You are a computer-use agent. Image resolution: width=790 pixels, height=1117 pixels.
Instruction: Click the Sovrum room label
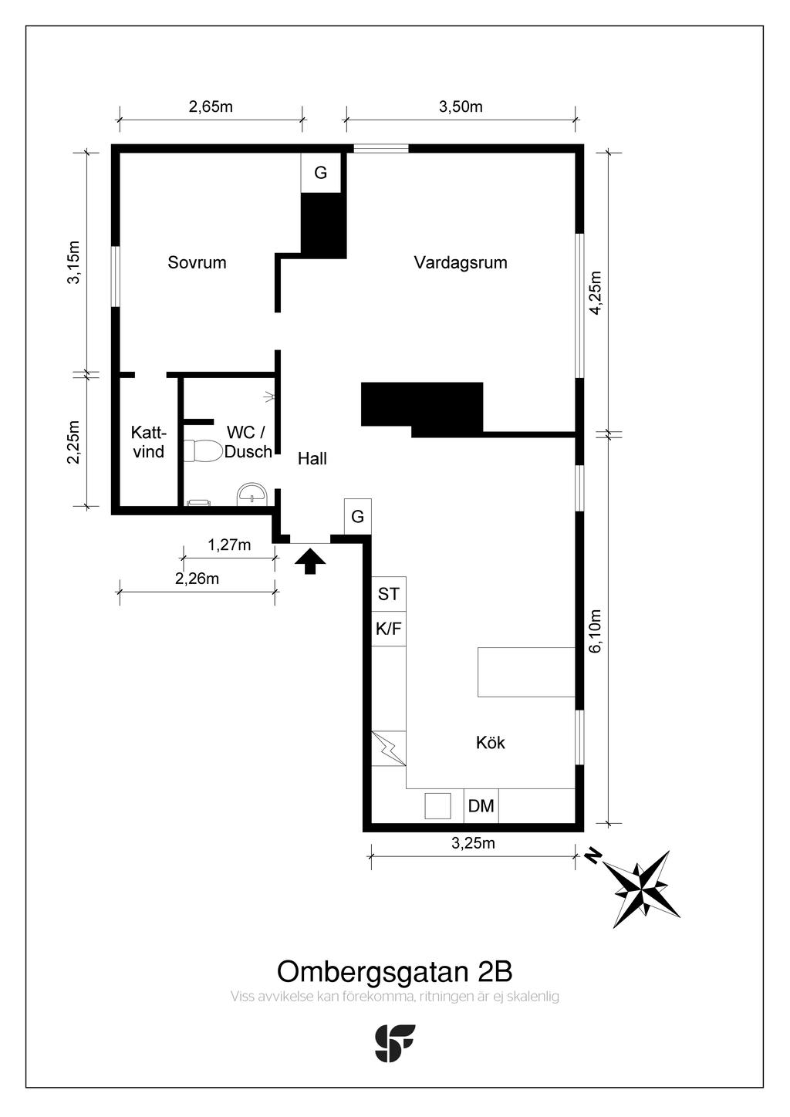coord(197,262)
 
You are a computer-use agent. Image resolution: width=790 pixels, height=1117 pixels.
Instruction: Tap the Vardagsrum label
coord(461,262)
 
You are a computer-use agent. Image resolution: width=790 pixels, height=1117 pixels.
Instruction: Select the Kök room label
coord(490,743)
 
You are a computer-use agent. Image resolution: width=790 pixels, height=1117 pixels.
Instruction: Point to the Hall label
coord(312,458)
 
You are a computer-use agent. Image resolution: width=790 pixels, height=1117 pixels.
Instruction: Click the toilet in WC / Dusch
coord(202,451)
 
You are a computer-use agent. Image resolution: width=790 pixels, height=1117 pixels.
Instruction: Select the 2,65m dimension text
coord(211,106)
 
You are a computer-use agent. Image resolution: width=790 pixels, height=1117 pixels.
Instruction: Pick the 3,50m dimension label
coord(461,106)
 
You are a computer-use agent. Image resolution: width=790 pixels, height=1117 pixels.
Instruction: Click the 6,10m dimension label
coord(596,630)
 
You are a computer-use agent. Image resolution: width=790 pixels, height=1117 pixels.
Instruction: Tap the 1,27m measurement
coord(229,545)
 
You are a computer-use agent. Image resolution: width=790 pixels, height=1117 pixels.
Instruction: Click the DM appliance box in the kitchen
coord(481,805)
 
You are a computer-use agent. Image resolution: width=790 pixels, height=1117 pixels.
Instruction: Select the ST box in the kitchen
coord(389,594)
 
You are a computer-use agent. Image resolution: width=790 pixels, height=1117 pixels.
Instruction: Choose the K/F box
coord(389,629)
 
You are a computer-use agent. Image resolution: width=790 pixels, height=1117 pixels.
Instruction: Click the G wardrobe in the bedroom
coord(321,173)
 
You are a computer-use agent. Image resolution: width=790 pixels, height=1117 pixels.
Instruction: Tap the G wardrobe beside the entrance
coord(358,517)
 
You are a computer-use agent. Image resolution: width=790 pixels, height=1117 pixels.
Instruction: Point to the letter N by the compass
coord(593,856)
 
